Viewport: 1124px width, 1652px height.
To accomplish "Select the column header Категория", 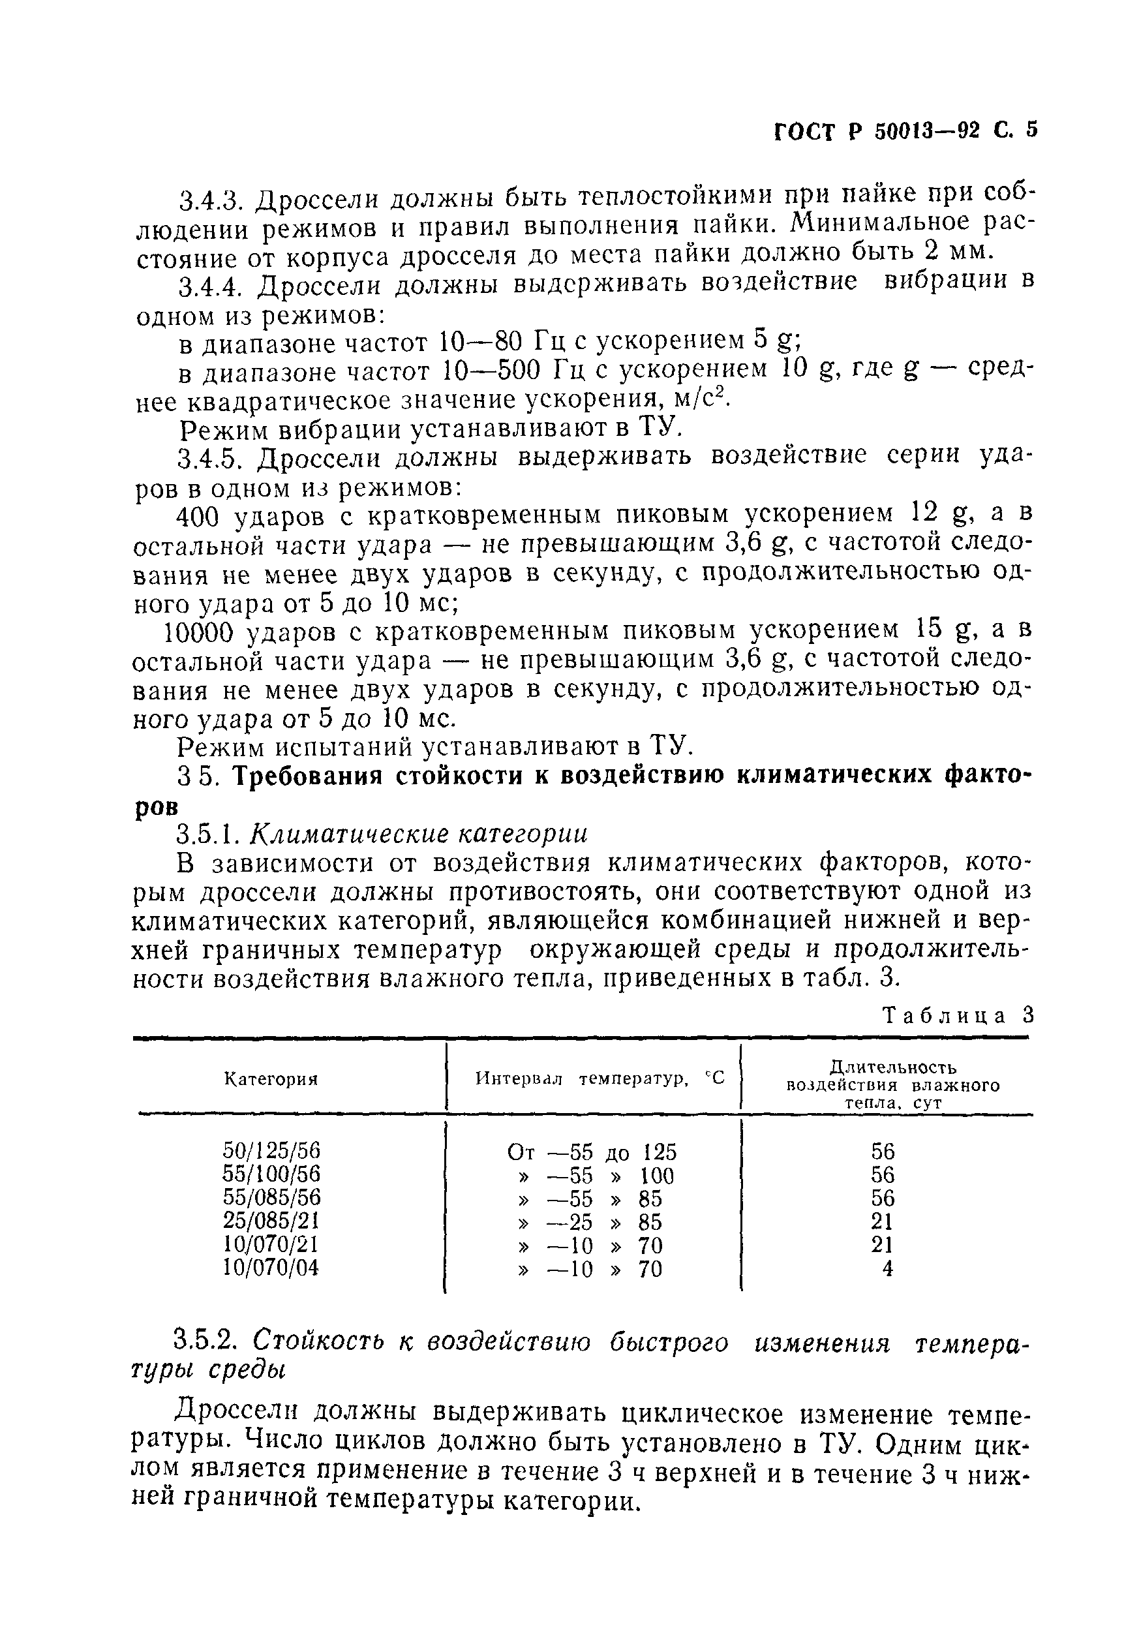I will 271,1080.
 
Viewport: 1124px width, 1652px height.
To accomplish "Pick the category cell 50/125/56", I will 271,1152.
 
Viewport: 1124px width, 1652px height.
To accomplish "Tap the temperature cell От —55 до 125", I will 592,1152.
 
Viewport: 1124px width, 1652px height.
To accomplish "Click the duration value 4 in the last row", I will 887,1269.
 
